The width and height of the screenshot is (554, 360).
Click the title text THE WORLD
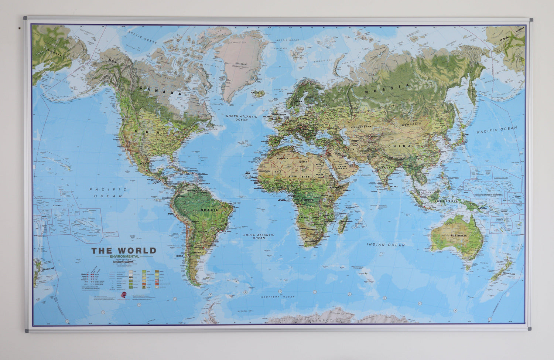pyautogui.click(x=124, y=251)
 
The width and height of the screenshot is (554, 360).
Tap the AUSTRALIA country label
pyautogui.click(x=458, y=235)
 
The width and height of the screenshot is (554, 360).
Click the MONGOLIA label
pyautogui.click(x=412, y=124)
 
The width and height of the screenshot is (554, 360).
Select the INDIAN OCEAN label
pyautogui.click(x=386, y=245)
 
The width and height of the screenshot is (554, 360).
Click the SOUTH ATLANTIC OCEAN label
pyautogui.click(x=259, y=236)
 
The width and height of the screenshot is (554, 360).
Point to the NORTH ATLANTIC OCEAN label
pyautogui.click(x=241, y=118)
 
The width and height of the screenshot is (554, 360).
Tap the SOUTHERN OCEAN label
pyautogui.click(x=278, y=297)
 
